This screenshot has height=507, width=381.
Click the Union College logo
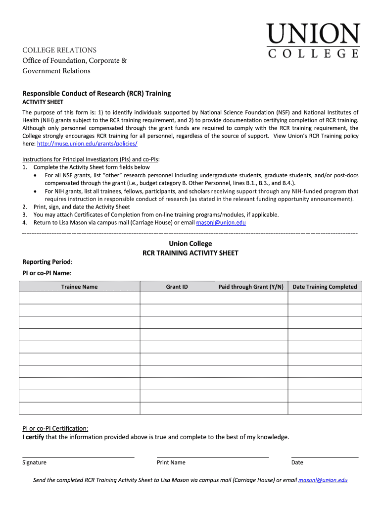point(314,41)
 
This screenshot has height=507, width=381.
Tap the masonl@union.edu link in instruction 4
point(221,223)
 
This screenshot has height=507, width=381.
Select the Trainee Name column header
point(79,287)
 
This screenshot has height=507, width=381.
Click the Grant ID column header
point(177,287)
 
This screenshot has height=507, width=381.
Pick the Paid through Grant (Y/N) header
point(251,287)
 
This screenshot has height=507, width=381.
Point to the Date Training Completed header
point(325,287)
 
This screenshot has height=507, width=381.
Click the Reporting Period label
point(47,261)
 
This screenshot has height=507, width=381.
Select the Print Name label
point(171,462)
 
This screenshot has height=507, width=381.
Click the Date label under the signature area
point(297,462)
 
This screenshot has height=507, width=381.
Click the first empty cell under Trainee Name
point(79,298)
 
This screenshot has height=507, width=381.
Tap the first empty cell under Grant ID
point(177,298)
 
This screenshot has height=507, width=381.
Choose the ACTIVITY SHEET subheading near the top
point(43,102)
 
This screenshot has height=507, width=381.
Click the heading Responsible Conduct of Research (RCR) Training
point(96,93)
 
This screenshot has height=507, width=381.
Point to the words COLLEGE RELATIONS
point(59,50)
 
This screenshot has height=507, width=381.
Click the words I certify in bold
point(33,437)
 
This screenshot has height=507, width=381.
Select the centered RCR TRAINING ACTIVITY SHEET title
point(190,253)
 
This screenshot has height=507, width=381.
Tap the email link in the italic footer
point(323,480)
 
